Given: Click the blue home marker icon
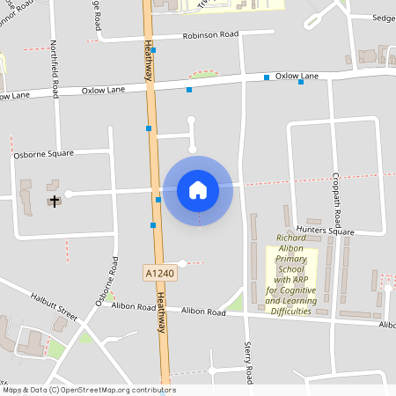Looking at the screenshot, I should coord(198,190).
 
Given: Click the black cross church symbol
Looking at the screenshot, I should coord(55,202).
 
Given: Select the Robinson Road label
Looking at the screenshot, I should coord(212,36).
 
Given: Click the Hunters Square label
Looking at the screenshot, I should coord(325,231).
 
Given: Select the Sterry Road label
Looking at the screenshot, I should coord(248,362).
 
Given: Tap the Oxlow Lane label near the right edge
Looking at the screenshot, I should coord(297,77).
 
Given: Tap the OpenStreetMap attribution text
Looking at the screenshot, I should coord(89,390).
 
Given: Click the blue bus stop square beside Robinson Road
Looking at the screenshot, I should coord(153,51).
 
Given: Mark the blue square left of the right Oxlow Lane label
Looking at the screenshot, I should coord(267,78).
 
